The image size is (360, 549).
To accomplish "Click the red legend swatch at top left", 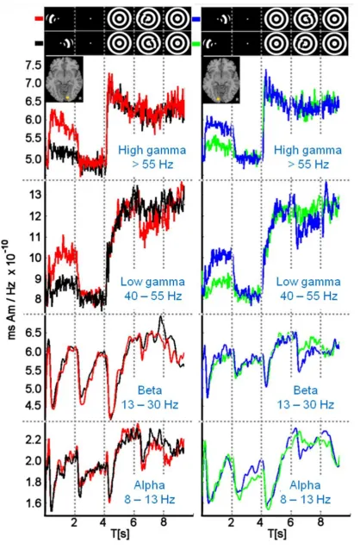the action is [39, 18].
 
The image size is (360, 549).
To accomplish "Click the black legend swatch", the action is [39, 43].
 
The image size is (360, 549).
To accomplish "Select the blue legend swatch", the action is [196, 18].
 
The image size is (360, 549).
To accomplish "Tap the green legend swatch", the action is [196, 43].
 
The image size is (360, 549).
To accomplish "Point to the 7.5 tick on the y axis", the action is [34, 66].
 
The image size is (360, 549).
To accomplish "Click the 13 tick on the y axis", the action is [35, 195].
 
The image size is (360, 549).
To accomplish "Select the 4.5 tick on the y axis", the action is [34, 406].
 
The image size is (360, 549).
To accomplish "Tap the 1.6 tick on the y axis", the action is [34, 503].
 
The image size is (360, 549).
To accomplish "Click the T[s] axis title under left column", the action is [120, 533].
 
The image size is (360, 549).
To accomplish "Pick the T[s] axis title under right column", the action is [277, 533].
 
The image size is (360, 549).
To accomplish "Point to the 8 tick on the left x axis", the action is [164, 522].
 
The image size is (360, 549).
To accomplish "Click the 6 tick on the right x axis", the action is [291, 522].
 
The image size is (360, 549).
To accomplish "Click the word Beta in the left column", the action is [150, 390].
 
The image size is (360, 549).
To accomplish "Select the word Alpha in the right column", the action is [306, 485].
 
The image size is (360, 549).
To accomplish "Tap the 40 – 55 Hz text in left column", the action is [153, 296].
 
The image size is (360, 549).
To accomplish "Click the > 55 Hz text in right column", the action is [308, 165].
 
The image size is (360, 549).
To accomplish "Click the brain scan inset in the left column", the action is [65, 79].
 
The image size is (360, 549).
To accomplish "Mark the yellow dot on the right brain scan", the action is [219, 99].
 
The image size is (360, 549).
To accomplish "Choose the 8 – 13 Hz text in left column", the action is [150, 499].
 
